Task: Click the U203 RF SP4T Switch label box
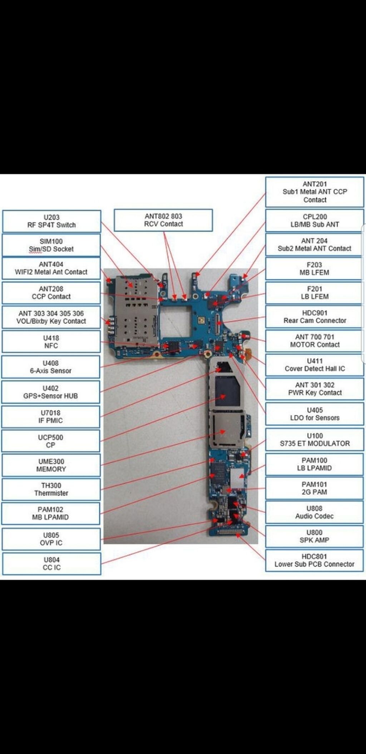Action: click(51, 221)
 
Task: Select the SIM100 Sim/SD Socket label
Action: click(51, 245)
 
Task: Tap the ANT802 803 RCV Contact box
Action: click(163, 220)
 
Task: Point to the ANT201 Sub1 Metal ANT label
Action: click(315, 192)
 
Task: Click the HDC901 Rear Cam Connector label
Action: click(315, 317)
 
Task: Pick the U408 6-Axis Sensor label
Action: click(51, 367)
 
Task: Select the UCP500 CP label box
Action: click(51, 441)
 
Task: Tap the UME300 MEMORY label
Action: click(51, 465)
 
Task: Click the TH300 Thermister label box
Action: click(51, 489)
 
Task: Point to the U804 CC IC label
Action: click(51, 564)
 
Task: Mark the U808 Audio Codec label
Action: click(315, 512)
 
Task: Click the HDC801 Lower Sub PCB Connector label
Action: click(315, 560)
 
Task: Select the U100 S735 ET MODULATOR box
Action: click(315, 440)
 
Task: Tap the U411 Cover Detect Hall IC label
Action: click(315, 365)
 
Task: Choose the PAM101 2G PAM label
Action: click(315, 488)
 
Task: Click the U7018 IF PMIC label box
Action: click(51, 417)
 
